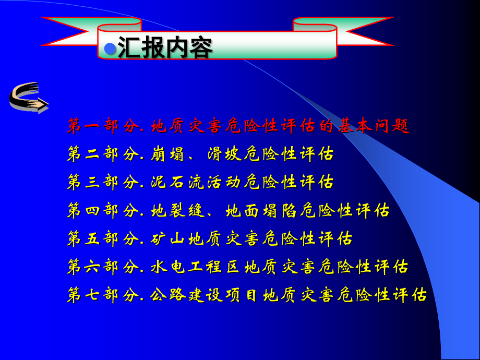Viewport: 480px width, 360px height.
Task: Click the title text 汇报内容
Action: [165, 49]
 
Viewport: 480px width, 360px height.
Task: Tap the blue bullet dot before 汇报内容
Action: [110, 49]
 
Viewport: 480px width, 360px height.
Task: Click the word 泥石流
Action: [178, 182]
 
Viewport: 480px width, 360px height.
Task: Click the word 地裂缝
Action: [178, 210]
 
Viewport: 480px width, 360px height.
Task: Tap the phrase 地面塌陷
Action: [262, 210]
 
